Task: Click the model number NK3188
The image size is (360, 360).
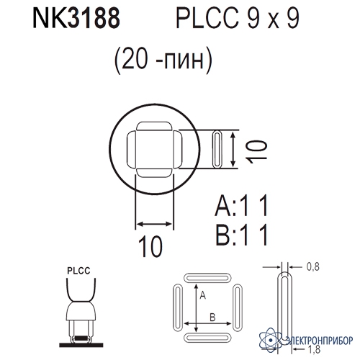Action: point(76,19)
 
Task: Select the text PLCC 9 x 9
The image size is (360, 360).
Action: point(238,19)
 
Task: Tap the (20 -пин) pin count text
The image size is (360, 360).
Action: point(163,60)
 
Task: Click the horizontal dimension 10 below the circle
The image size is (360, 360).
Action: point(150,246)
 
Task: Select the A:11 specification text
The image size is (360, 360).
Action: point(241,205)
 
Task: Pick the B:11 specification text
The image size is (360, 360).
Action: point(241,235)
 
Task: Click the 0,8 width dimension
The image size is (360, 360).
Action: point(313,266)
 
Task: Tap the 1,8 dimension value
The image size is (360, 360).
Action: point(314,349)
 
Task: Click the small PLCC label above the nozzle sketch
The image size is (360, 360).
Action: point(78,271)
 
